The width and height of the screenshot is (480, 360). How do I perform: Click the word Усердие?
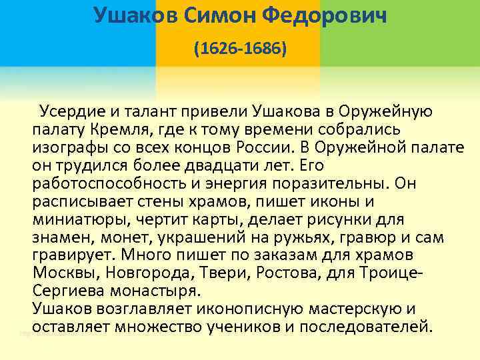coord(69,110)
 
